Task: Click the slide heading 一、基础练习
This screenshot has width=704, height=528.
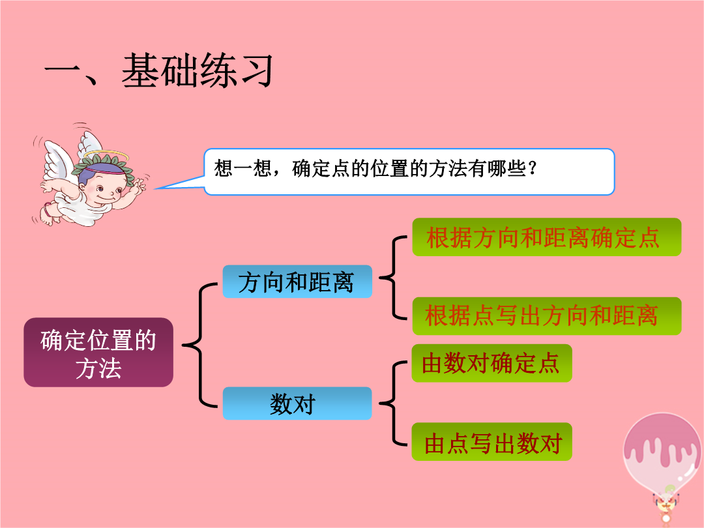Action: (158, 70)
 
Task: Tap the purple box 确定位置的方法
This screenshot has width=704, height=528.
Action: (98, 353)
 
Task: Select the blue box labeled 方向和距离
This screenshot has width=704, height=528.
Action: (297, 282)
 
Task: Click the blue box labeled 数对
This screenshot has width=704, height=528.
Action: (297, 403)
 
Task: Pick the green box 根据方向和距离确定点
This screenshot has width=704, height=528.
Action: (546, 237)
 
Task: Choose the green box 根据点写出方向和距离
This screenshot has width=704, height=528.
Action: (546, 315)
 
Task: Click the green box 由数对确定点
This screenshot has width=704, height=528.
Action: (491, 363)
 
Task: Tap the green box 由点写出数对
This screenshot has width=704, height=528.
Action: (491, 442)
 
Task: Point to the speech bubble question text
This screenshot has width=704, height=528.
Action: (375, 169)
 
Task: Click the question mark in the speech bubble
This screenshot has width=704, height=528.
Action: (533, 168)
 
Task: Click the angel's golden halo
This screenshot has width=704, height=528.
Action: (106, 156)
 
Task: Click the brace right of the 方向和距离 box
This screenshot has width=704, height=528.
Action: (394, 278)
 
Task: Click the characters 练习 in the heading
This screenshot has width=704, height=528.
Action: (235, 70)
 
